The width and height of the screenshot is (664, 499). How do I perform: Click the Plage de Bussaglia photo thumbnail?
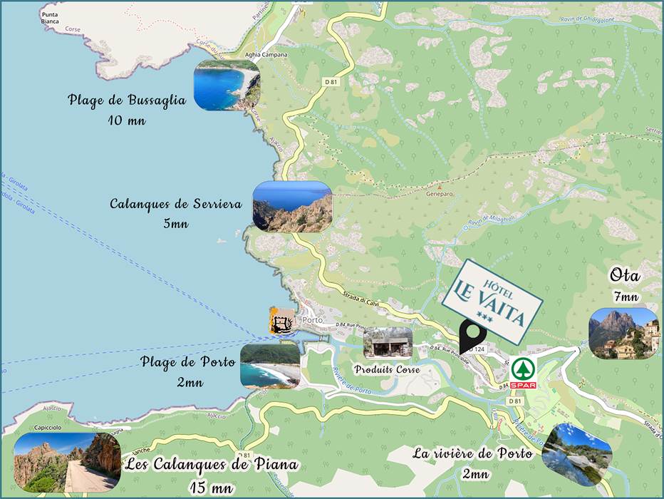coord(227,86)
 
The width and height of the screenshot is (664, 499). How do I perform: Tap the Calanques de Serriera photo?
coord(293,207)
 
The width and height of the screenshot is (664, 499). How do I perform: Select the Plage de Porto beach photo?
coord(270,366)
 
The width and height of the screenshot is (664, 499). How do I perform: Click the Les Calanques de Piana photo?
coord(67,463)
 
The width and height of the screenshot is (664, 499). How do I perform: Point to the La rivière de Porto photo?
coord(577,455)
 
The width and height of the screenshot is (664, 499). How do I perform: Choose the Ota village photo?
coord(623,333)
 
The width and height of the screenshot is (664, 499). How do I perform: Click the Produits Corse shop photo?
coord(388,343)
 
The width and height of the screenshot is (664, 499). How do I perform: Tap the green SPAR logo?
coord(523,373)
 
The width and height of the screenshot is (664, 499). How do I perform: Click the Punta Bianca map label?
coord(50,18)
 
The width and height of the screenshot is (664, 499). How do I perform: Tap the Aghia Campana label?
coord(266,55)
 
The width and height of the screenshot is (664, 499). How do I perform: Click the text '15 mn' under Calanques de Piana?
coord(211,488)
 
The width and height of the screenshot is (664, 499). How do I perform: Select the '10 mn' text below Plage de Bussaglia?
coord(127,120)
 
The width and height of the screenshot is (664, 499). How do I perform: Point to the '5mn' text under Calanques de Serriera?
coord(175,224)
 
